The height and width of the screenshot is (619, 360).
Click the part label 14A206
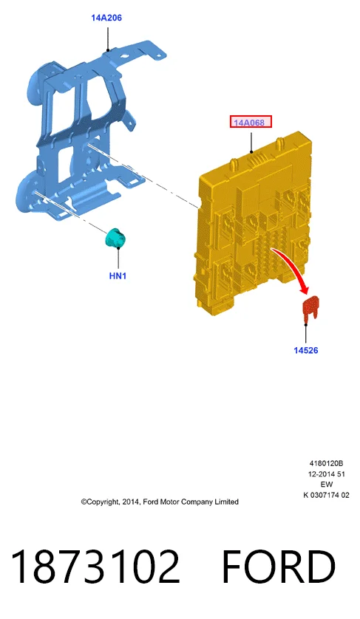tap(106, 18)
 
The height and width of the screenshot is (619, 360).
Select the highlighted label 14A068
tap(251, 123)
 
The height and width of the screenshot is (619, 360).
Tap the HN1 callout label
tap(118, 276)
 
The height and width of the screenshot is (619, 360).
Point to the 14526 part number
tap(306, 350)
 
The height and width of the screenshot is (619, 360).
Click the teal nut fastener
tap(115, 238)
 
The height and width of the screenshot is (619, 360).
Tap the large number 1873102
tap(95, 566)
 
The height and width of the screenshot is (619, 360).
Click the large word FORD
tap(279, 566)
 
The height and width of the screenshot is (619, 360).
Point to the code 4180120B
tap(326, 463)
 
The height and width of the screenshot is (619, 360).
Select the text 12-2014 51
tap(327, 473)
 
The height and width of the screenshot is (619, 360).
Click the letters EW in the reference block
tap(327, 485)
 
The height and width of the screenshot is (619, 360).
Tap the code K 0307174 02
tap(327, 495)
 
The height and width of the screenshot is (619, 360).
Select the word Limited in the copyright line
tap(227, 502)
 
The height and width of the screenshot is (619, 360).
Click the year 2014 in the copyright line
tap(130, 502)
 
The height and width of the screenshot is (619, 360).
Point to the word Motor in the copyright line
tap(169, 502)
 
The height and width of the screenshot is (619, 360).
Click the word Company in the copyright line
tap(197, 502)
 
